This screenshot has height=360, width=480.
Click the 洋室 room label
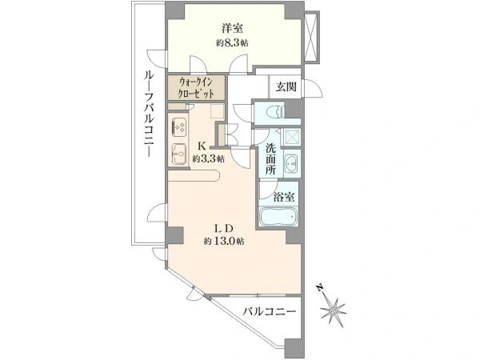coord(233,28)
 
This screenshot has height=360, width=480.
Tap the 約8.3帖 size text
coord(232,43)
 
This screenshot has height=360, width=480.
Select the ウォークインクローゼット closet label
coord(196,87)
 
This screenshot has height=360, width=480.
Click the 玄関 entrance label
coord(286,87)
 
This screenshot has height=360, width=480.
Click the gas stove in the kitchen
coord(178,126)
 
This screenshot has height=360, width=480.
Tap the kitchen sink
coord(178,154)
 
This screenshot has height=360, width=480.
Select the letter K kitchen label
coord(202,146)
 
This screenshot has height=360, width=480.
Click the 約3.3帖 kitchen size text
coord(208,159)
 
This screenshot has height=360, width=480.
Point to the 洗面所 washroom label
coord(270,159)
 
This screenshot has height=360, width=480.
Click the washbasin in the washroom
coord(291,163)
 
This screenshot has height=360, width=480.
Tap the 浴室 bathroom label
coord(284,197)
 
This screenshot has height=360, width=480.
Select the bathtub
coord(278,216)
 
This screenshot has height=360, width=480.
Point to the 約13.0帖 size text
coord(224,242)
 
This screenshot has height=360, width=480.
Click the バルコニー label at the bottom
coord(270,312)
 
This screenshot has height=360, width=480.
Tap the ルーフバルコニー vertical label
coord(149,113)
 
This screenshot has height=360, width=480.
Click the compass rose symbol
coord(334,311)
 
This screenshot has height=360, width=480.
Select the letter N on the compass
coord(320,288)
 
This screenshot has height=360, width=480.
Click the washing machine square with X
coord(291,136)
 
